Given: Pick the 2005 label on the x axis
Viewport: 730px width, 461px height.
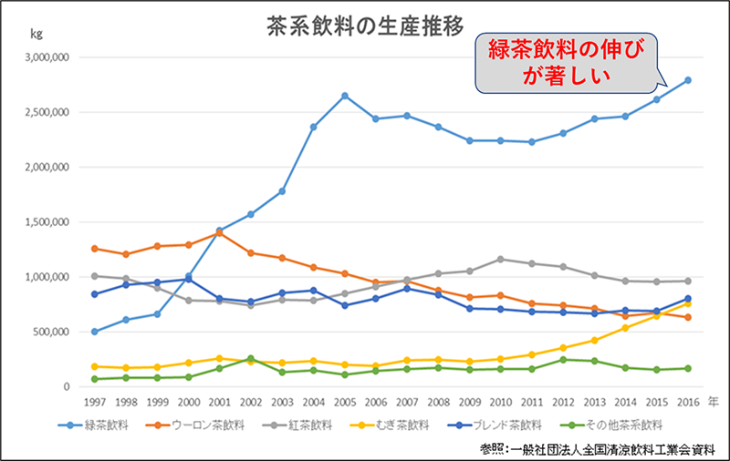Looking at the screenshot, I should coord(345,401).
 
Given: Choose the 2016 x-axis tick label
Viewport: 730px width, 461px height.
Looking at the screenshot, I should coord(688,401).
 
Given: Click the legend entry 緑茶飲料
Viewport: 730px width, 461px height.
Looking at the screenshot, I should coord(99,424).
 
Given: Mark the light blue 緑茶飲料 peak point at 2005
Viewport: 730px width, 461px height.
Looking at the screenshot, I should coord(345,96).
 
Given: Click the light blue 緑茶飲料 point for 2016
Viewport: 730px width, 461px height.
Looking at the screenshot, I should coord(688,80).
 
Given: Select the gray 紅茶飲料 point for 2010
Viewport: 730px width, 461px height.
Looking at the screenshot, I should coord(499,259).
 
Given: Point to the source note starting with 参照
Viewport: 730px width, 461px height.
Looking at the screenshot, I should coord(601,448).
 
